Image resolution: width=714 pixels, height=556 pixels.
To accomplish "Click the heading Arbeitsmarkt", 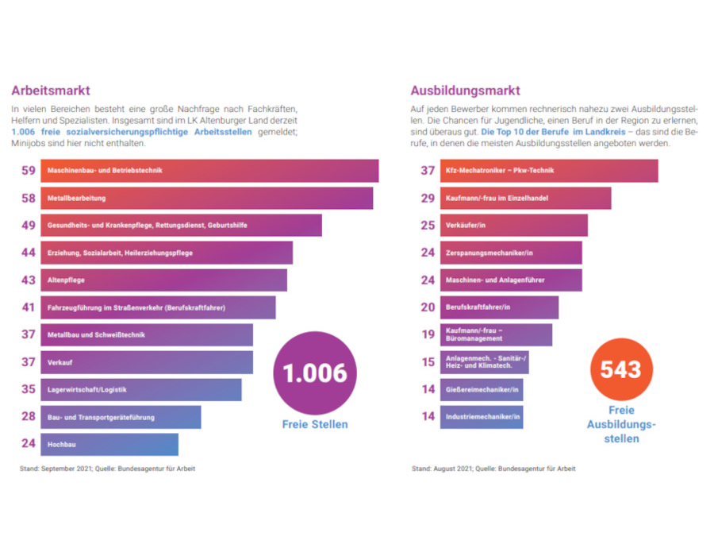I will [51, 91].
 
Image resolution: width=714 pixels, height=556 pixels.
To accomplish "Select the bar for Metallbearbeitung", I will [206, 198].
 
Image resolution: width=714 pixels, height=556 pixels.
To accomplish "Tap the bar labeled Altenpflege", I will [163, 280].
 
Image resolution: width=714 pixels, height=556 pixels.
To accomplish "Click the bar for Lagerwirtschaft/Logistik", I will [141, 390].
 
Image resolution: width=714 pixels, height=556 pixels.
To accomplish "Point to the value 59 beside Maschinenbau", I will [29, 171].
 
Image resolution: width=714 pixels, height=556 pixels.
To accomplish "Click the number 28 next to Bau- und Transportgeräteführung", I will [29, 417].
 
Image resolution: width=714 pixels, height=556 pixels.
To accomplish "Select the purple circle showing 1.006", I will [315, 373].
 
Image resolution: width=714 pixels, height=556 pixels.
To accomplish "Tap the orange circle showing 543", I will [621, 369].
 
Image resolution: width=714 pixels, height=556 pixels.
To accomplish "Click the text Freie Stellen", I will [315, 424].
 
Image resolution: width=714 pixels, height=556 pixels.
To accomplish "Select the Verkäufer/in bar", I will [514, 226].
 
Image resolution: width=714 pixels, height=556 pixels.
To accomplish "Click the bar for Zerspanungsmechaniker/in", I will [511, 253].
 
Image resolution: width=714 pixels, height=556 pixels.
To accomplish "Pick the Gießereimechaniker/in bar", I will [482, 390].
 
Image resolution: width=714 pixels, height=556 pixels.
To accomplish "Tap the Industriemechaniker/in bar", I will [482, 417].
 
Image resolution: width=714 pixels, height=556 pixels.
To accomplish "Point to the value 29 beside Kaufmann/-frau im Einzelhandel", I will [428, 198].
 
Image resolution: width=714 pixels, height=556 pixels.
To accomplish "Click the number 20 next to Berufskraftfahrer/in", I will [428, 307].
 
